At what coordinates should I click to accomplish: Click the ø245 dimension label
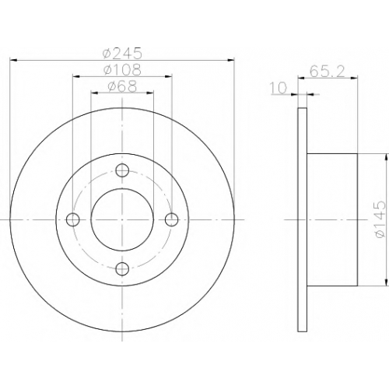(122, 53)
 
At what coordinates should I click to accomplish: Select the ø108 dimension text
(122, 69)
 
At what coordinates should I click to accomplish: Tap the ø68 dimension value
(122, 86)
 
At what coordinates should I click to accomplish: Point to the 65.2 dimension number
(328, 72)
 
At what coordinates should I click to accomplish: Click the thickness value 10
(279, 88)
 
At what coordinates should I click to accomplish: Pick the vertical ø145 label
(379, 220)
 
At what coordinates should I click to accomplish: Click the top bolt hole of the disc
(122, 170)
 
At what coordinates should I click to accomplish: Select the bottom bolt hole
(122, 269)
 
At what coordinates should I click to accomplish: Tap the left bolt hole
(73, 219)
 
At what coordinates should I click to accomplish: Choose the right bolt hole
(172, 219)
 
